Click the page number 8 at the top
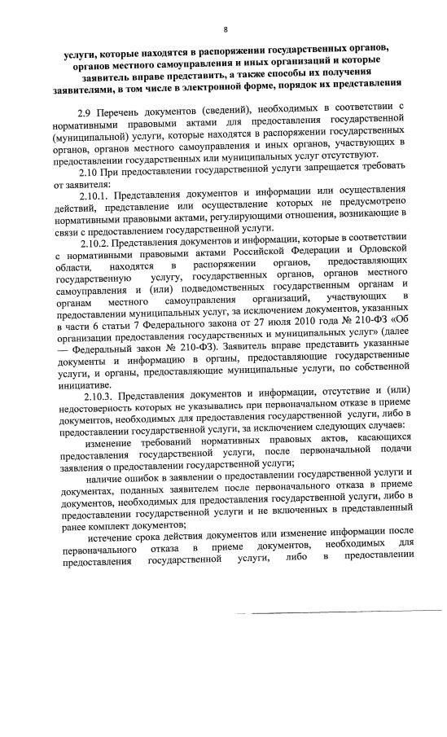point(226,8)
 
